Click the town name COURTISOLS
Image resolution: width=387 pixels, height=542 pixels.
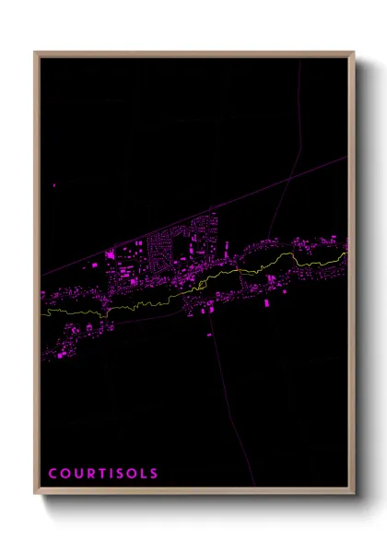point(103,474)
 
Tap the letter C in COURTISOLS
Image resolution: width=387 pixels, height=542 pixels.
point(53,474)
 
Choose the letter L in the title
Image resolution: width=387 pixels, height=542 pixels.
point(142,474)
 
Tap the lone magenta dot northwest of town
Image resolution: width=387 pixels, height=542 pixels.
point(54,185)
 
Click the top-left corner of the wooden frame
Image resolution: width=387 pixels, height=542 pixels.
point(36,53)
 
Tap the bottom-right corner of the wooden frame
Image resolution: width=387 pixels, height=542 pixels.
point(353,493)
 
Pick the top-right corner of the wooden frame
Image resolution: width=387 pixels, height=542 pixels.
point(353,53)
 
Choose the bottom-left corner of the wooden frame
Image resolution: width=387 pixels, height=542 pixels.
point(36,493)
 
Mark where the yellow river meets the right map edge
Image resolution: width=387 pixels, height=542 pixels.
point(346,252)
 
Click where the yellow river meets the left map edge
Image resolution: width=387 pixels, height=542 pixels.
point(42,312)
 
